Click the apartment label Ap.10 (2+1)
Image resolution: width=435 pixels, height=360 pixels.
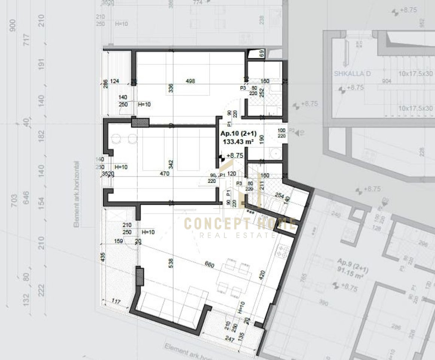coord(238,134)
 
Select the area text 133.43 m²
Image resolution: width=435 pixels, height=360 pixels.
coord(238,141)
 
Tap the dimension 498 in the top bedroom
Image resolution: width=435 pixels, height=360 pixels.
coord(191,81)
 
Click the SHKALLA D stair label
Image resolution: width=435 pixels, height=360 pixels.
coord(352,73)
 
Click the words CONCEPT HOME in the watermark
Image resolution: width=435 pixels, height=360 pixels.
coord(240,224)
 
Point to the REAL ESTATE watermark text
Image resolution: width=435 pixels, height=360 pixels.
coord(238,235)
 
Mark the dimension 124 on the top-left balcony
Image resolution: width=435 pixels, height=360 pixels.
coord(115,81)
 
